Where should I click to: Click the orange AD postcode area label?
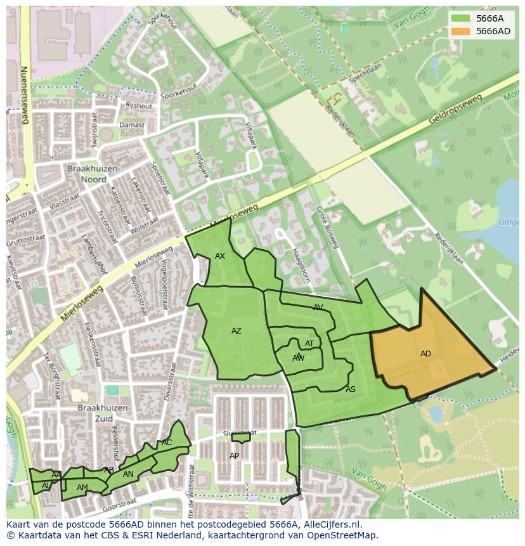(425, 354)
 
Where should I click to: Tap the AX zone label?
(220, 256)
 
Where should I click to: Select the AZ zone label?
(237, 331)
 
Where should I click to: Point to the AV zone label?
(318, 308)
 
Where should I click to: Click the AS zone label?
(351, 389)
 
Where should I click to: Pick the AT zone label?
(309, 344)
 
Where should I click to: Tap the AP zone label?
(235, 456)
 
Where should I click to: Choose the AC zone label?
(167, 443)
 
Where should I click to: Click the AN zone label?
(128, 474)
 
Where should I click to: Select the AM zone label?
(82, 488)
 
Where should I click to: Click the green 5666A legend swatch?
(461, 19)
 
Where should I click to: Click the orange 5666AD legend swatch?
(461, 31)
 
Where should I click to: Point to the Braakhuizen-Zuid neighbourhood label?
(103, 413)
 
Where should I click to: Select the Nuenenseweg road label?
(25, 95)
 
